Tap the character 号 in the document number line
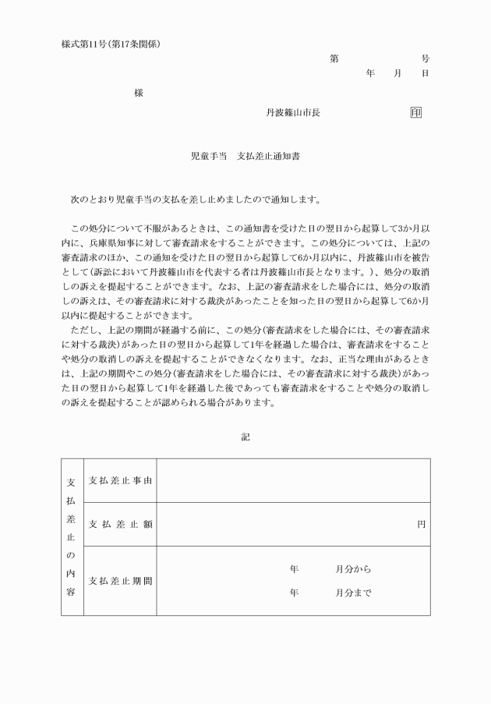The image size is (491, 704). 425,58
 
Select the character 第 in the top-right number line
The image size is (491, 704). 334,58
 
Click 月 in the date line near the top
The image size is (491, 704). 397,73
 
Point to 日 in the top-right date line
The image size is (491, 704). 425,73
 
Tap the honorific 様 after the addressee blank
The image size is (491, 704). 138,93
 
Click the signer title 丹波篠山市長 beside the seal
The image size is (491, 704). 293,112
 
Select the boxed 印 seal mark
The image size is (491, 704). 416,112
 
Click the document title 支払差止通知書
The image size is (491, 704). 270,156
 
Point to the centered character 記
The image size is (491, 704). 245,437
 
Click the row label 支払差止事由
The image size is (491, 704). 120,480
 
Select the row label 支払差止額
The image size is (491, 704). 120,524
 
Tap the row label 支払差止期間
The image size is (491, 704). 120,581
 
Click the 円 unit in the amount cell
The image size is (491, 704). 421,524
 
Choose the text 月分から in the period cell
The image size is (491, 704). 353,569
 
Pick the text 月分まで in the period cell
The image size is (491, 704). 353,593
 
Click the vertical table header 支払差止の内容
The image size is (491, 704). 70,537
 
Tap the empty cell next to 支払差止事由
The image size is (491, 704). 293,480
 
